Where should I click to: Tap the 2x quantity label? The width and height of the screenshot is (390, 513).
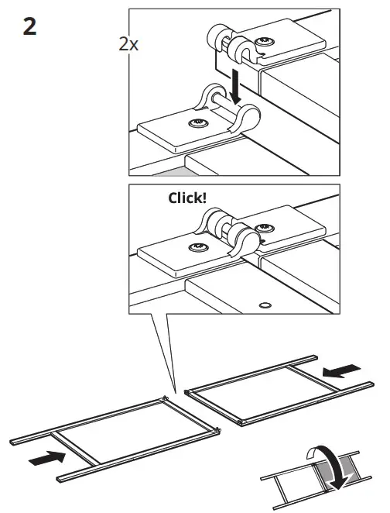point(128,44)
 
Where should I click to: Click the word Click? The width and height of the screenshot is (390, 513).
point(187,198)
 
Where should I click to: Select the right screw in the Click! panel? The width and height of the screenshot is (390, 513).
point(265,226)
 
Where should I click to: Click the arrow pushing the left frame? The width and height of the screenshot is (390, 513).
point(46,460)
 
